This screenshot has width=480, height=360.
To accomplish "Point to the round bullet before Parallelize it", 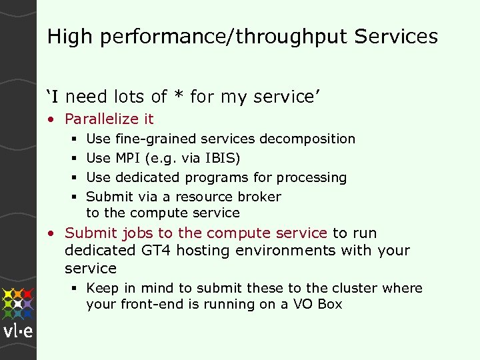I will click(51, 120).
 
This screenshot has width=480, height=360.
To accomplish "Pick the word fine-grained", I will click(155, 139).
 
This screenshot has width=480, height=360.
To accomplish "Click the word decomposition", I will click(307, 139).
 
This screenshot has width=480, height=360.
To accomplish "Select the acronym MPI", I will click(127, 159).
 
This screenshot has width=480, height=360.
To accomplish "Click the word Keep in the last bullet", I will click(102, 289).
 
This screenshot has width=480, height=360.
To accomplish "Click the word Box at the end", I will click(329, 305).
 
